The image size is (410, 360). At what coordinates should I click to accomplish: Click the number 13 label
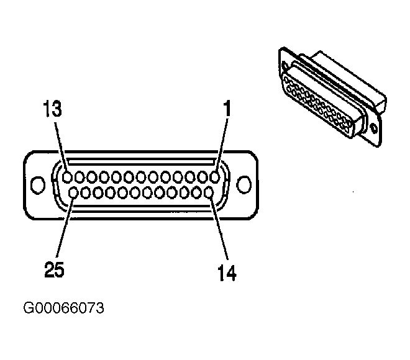(52, 109)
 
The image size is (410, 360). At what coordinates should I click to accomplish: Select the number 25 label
(54, 269)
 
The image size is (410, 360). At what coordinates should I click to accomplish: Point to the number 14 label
(227, 273)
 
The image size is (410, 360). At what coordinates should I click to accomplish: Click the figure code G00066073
(63, 308)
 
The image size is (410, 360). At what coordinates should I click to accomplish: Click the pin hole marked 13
(67, 178)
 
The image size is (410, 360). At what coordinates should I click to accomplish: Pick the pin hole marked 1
(215, 178)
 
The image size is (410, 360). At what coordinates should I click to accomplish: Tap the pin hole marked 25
(74, 193)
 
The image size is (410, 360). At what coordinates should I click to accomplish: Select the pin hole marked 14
(209, 193)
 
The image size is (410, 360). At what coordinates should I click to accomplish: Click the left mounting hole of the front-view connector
(38, 185)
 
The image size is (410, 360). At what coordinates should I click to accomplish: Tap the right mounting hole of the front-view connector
(244, 185)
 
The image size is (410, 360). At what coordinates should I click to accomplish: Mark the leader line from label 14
(219, 228)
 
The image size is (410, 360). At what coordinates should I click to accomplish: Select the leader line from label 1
(222, 145)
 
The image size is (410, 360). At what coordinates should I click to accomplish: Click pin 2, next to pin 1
(203, 178)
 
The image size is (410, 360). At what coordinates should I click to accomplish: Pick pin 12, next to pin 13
(80, 178)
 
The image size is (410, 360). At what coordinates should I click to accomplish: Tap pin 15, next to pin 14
(196, 193)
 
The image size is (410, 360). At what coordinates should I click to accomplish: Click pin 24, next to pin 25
(86, 193)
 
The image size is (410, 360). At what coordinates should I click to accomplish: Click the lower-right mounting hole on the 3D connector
(374, 128)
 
